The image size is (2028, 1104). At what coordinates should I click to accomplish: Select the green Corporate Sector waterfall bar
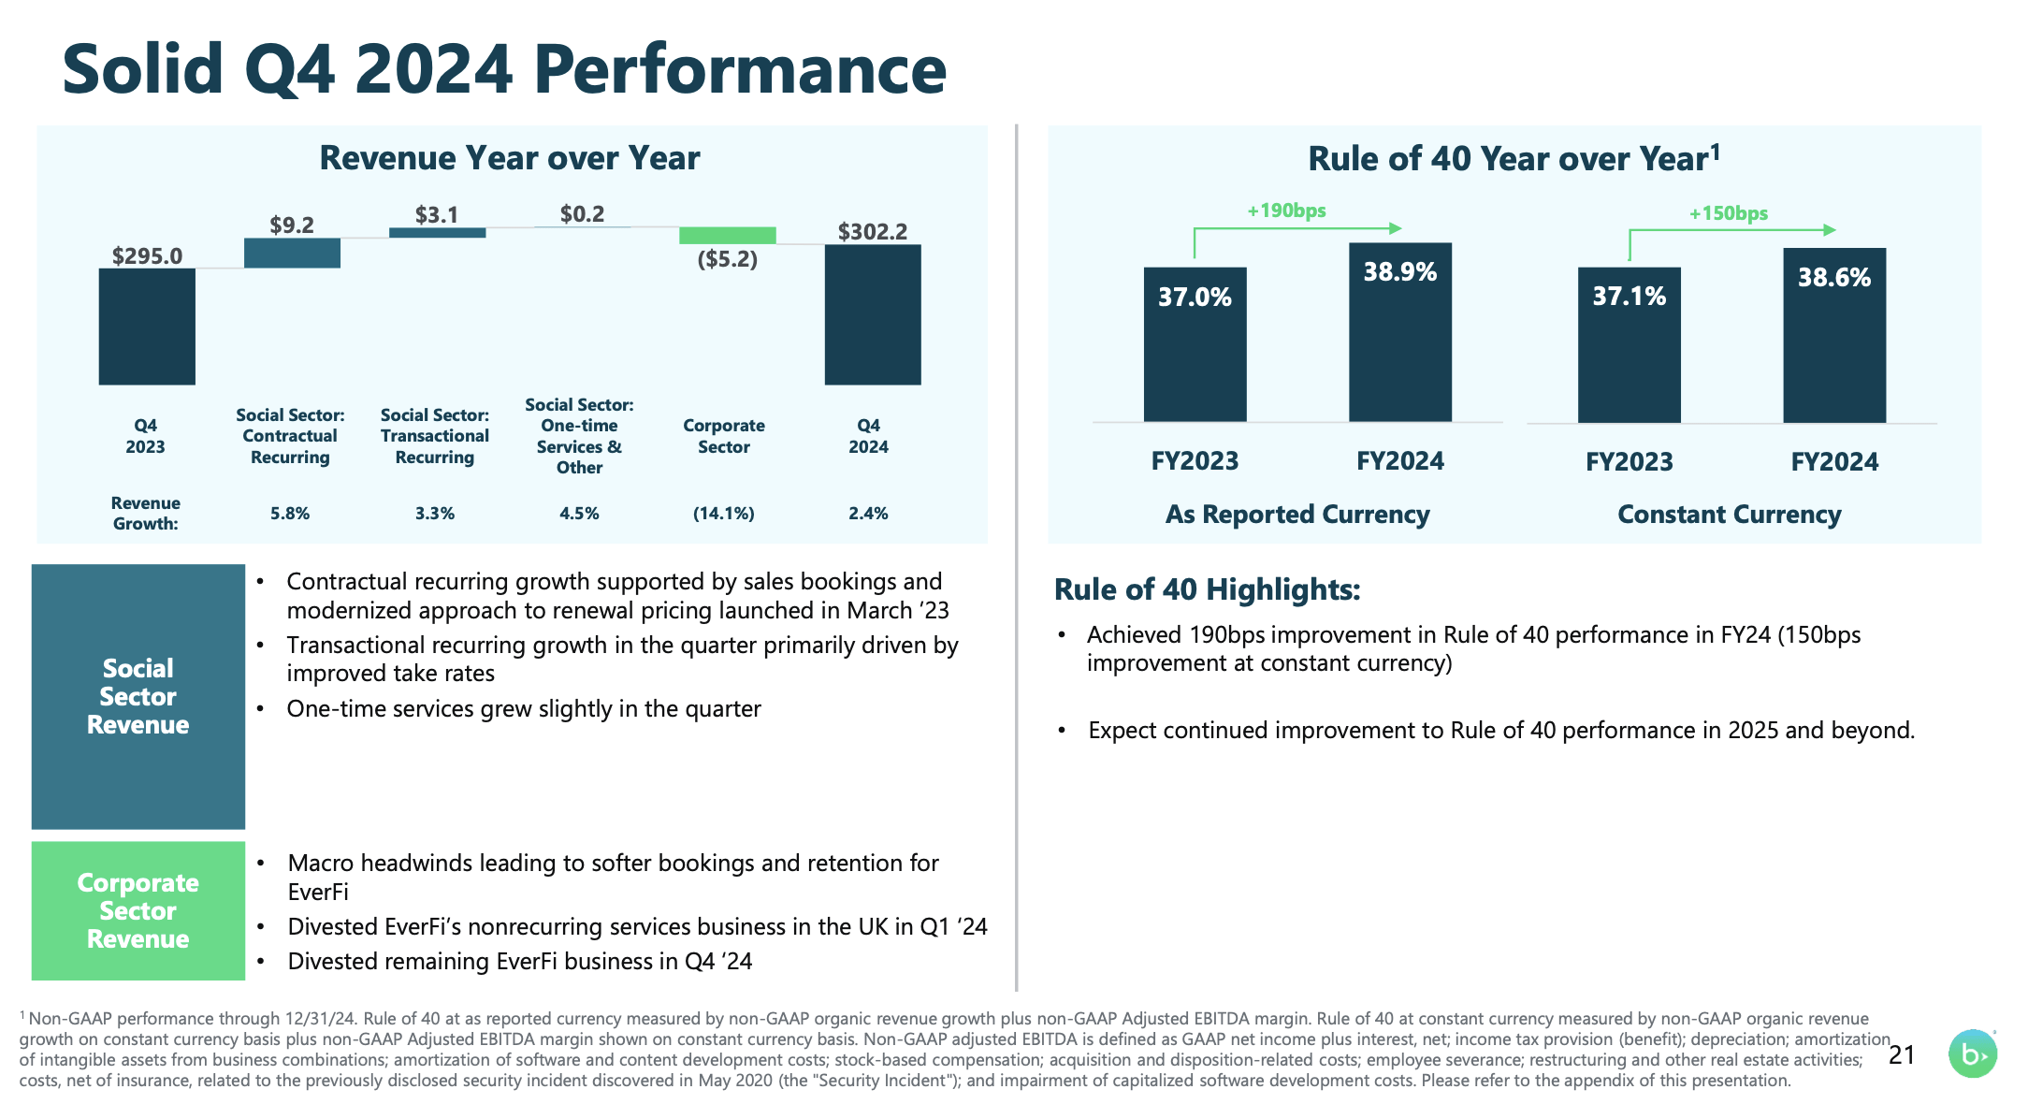click(727, 235)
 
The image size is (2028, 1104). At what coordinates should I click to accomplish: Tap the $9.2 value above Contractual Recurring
click(292, 225)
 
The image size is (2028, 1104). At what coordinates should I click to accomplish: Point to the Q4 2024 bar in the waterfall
click(872, 314)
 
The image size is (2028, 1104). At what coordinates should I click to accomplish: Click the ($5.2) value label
click(727, 259)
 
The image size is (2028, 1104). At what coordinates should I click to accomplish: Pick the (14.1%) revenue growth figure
click(723, 513)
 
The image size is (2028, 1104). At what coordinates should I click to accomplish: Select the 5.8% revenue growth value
click(290, 513)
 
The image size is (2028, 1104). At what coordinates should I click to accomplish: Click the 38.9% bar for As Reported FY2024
click(1399, 332)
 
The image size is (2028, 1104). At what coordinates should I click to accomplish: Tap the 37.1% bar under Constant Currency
click(1629, 344)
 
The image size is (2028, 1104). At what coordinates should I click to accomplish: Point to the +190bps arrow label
click(1286, 211)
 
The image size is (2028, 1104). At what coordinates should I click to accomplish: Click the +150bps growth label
click(1728, 213)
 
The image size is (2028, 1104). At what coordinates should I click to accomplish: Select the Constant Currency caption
click(1729, 515)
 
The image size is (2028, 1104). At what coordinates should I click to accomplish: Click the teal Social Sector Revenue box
click(138, 696)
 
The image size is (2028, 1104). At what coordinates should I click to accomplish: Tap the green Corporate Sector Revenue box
click(138, 910)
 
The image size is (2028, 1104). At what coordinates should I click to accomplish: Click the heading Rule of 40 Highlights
click(1207, 589)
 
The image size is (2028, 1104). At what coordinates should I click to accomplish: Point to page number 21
click(1902, 1055)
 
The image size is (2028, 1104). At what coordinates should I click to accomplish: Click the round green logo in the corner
click(1972, 1054)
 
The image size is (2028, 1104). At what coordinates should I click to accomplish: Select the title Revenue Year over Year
click(510, 158)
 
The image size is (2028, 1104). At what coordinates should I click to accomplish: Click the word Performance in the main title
click(740, 70)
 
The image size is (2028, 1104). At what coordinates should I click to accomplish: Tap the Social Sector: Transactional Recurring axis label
click(435, 436)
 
